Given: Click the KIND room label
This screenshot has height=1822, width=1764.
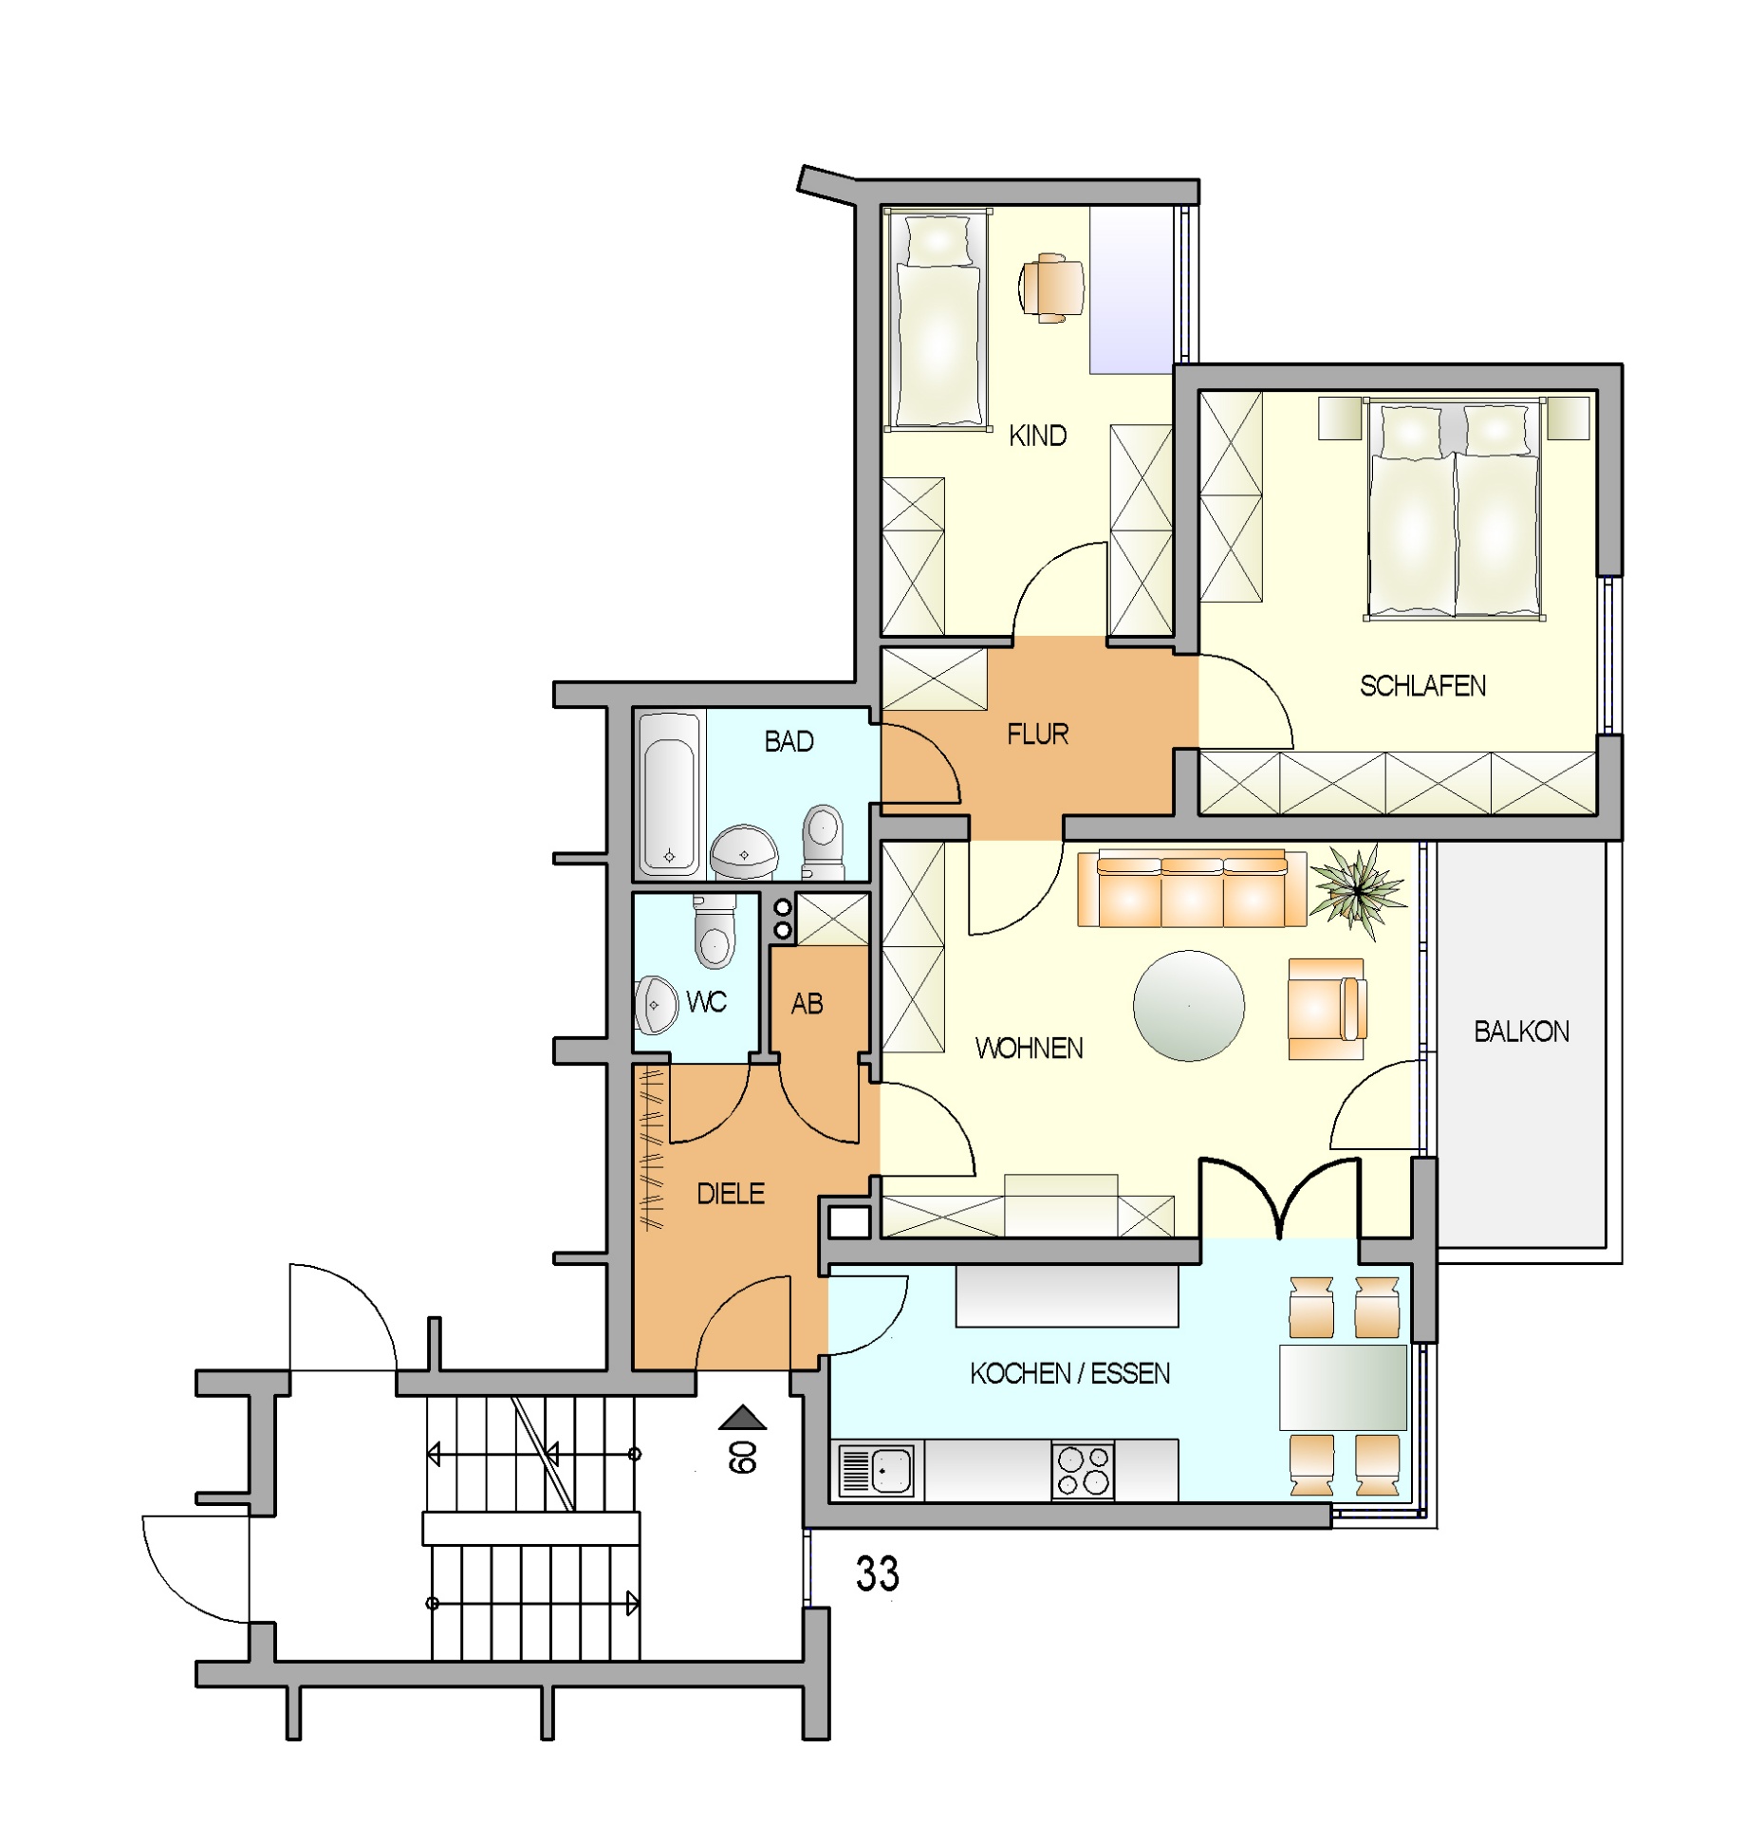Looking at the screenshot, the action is [x=1037, y=436].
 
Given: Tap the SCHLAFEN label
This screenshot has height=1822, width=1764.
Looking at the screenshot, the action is [x=1421, y=686].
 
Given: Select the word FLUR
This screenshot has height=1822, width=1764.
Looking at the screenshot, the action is [x=1037, y=734].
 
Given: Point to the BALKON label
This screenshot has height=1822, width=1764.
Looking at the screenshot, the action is [x=1520, y=1032].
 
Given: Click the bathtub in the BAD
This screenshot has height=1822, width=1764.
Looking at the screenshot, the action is [x=669, y=793].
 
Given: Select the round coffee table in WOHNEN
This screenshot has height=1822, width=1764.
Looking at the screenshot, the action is [x=1188, y=1006].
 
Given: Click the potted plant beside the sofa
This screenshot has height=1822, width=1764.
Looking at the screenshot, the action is [x=1357, y=889].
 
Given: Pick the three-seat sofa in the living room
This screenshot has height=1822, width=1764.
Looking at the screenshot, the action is [x=1192, y=888].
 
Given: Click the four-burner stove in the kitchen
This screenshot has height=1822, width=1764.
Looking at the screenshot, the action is [x=1083, y=1471].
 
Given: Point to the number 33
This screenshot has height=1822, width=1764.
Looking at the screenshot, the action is [x=877, y=1574].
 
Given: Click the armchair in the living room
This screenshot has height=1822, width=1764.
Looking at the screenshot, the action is [x=1327, y=1009].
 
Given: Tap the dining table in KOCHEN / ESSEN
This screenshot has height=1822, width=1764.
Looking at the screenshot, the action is [x=1343, y=1387].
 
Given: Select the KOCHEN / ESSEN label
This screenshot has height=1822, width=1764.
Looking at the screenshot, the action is [x=1069, y=1373].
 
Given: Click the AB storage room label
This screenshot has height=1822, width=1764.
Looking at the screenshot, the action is [x=807, y=1004].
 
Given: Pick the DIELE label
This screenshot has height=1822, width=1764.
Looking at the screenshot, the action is [x=730, y=1194].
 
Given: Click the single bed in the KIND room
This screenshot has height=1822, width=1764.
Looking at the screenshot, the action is [x=938, y=320].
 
